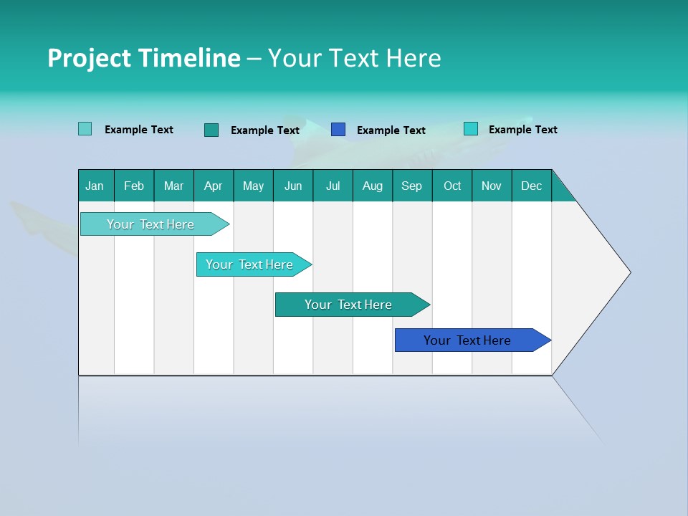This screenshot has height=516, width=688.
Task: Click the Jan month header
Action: pyautogui.click(x=95, y=186)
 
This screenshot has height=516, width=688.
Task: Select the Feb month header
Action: pyautogui.click(x=134, y=186)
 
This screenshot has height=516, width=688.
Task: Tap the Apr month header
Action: pyautogui.click(x=214, y=186)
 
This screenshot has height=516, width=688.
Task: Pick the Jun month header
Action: pyautogui.click(x=293, y=186)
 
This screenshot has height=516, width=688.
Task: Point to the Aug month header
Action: pyautogui.click(x=373, y=186)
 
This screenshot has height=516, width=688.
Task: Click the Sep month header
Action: pyautogui.click(x=412, y=186)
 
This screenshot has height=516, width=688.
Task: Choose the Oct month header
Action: pyautogui.click(x=452, y=186)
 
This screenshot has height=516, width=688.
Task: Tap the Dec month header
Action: pyautogui.click(x=532, y=186)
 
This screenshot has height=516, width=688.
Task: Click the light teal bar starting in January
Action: pyautogui.click(x=150, y=224)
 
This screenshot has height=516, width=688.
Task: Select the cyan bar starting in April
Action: pyautogui.click(x=249, y=264)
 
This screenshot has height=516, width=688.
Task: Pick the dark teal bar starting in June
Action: pyautogui.click(x=348, y=305)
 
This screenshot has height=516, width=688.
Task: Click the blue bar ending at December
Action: pyautogui.click(x=467, y=340)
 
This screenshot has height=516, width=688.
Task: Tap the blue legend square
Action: pyautogui.click(x=338, y=130)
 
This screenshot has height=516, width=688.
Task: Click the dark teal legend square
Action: pyautogui.click(x=211, y=130)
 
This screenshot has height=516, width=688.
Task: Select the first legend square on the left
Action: pyautogui.click(x=85, y=129)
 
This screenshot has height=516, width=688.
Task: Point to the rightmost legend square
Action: pyautogui.click(x=471, y=129)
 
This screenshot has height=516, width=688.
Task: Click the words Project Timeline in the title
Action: pyautogui.click(x=143, y=58)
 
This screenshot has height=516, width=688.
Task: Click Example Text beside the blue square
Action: pyautogui.click(x=391, y=130)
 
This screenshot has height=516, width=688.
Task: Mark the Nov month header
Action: pyautogui.click(x=492, y=186)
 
